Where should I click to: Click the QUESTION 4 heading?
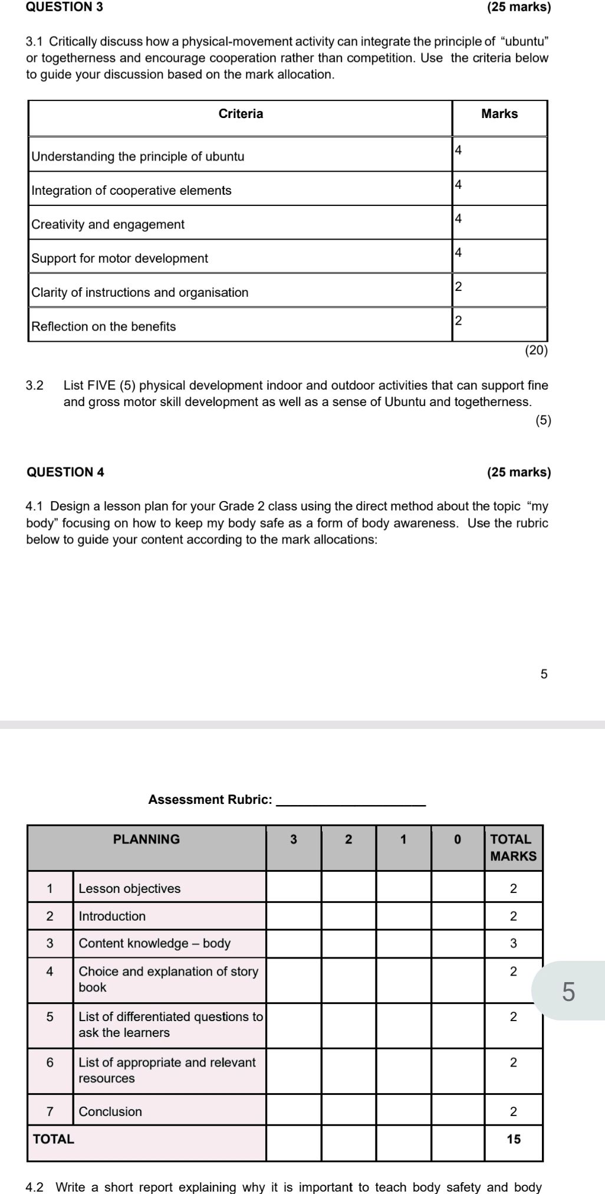pos(65,472)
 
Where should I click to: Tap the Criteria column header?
pos(241,114)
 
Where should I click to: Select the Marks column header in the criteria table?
pos(499,114)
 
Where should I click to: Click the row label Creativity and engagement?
pos(108,224)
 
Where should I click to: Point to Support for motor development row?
pos(120,259)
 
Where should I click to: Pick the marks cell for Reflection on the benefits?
pos(499,323)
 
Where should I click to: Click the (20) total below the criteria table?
pos(537,351)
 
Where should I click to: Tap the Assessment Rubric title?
pos(211,800)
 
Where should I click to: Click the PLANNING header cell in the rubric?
pos(146,839)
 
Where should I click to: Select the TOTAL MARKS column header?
pos(512,847)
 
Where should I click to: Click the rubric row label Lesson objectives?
pos(130,889)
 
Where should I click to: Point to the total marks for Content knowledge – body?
pos(513,944)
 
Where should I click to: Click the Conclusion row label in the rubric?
pos(110,1111)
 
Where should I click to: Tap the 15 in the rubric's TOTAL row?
pos(514,1139)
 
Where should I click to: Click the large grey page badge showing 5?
pos(568,992)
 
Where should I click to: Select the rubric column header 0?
pos(458,839)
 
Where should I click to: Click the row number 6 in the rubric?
pos(50,1062)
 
